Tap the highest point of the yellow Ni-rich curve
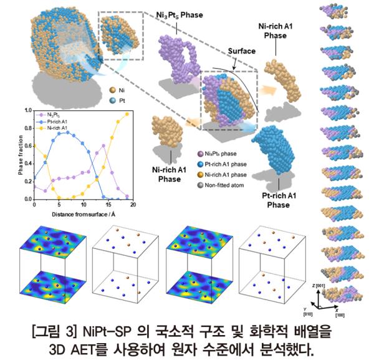(x=128, y=114)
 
